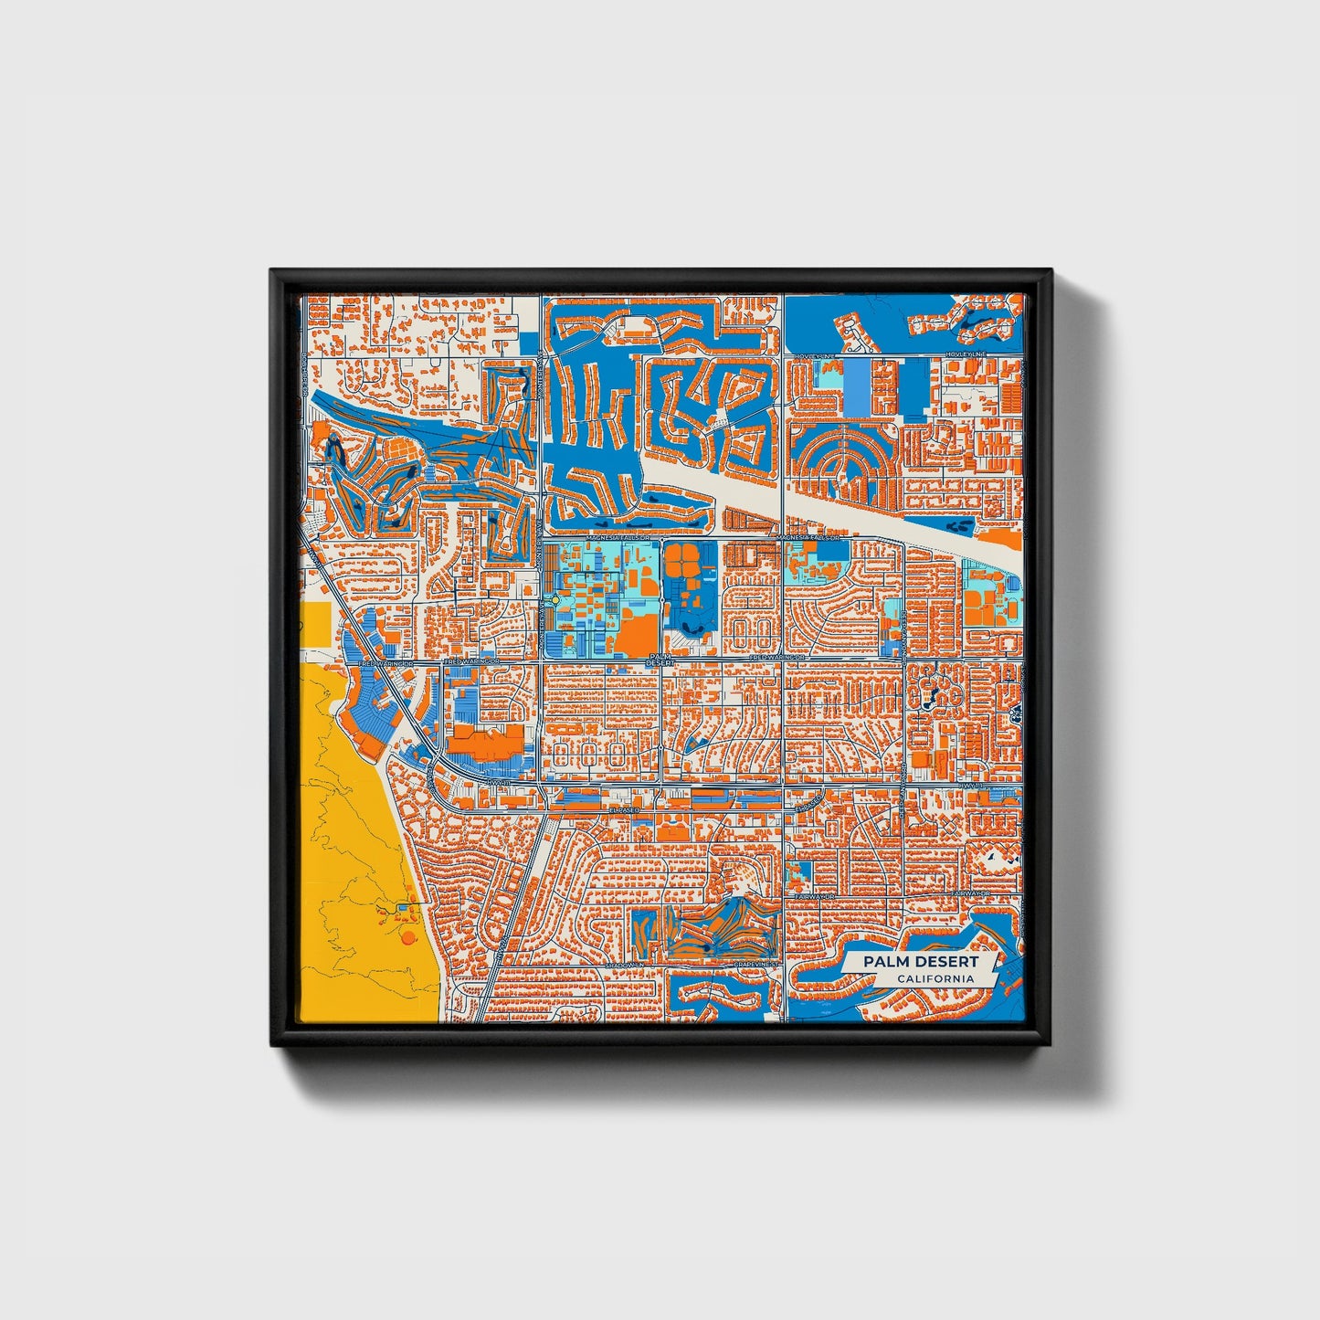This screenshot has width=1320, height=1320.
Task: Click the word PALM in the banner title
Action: (x=883, y=962)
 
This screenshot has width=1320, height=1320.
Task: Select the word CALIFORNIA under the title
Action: (x=934, y=979)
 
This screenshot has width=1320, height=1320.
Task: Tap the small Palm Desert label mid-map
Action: (x=659, y=660)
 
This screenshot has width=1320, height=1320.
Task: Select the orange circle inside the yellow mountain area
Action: (x=407, y=935)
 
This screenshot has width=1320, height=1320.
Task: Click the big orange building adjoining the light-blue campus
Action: (x=638, y=633)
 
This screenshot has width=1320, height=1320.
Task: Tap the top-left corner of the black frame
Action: (x=271, y=270)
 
